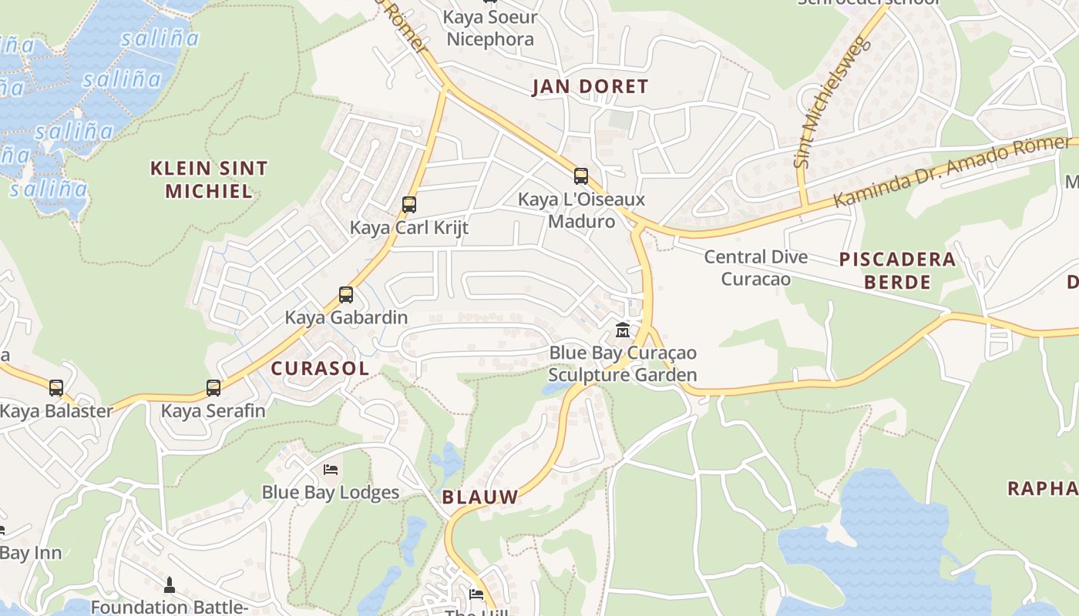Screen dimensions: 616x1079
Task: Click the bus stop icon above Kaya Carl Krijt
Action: point(409,205)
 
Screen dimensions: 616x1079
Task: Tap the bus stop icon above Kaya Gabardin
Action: point(346,295)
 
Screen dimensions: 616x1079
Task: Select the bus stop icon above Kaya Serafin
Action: point(213,388)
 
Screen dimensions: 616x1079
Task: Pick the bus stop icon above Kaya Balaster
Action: point(56,388)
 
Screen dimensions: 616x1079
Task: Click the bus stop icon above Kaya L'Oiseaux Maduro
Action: point(581,176)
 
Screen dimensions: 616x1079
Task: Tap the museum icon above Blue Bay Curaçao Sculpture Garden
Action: point(623,330)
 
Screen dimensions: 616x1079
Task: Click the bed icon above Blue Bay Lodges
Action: point(331,470)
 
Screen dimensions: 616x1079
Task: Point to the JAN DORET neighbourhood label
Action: point(590,86)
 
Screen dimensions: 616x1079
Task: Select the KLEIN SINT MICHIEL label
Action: point(209,179)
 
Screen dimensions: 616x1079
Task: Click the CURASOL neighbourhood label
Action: point(320,368)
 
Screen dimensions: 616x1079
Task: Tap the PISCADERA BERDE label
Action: point(897,270)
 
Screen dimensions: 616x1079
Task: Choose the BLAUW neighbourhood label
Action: point(480,497)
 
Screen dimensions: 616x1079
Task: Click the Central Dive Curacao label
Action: point(756,267)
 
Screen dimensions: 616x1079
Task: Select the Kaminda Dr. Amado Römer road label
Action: point(953,174)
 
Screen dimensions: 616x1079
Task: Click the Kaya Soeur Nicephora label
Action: point(490,28)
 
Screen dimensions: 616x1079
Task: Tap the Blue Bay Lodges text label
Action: point(331,493)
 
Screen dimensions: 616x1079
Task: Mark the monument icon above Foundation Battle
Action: point(170,585)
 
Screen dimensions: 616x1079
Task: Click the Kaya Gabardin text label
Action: point(346,317)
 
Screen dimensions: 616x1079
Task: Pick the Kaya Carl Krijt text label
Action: point(409,228)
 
